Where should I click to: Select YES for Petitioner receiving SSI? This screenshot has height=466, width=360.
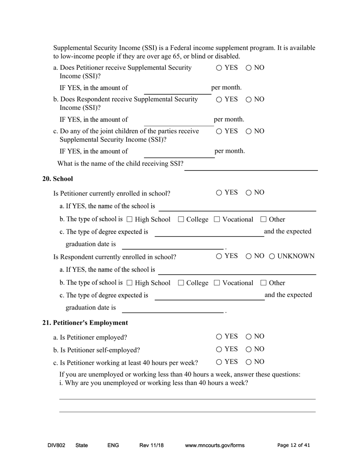click(219, 68)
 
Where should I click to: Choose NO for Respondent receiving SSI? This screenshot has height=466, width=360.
click(249, 100)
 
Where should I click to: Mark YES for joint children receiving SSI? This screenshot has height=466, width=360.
click(219, 131)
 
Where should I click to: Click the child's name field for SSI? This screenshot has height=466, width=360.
click(250, 166)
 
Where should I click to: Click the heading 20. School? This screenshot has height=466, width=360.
click(58, 179)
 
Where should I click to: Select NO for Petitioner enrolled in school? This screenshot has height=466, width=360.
click(249, 193)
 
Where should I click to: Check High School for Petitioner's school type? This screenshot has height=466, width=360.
click(130, 219)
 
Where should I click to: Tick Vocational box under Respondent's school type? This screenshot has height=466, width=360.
click(217, 283)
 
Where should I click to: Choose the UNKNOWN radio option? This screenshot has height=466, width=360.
click(272, 256)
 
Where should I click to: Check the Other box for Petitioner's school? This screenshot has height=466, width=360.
click(264, 219)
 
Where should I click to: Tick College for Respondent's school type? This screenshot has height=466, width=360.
click(181, 283)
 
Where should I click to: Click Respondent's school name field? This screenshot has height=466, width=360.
click(237, 270)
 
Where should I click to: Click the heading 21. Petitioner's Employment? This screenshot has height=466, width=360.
click(85, 323)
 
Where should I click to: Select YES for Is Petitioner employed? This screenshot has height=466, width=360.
click(219, 337)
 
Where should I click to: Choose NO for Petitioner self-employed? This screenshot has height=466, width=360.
click(249, 349)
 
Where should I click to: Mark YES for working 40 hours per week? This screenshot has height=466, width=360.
click(219, 362)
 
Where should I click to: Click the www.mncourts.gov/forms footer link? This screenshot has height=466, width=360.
click(214, 446)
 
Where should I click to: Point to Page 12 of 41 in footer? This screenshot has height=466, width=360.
click(293, 446)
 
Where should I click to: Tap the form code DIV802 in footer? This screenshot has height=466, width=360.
click(56, 446)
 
